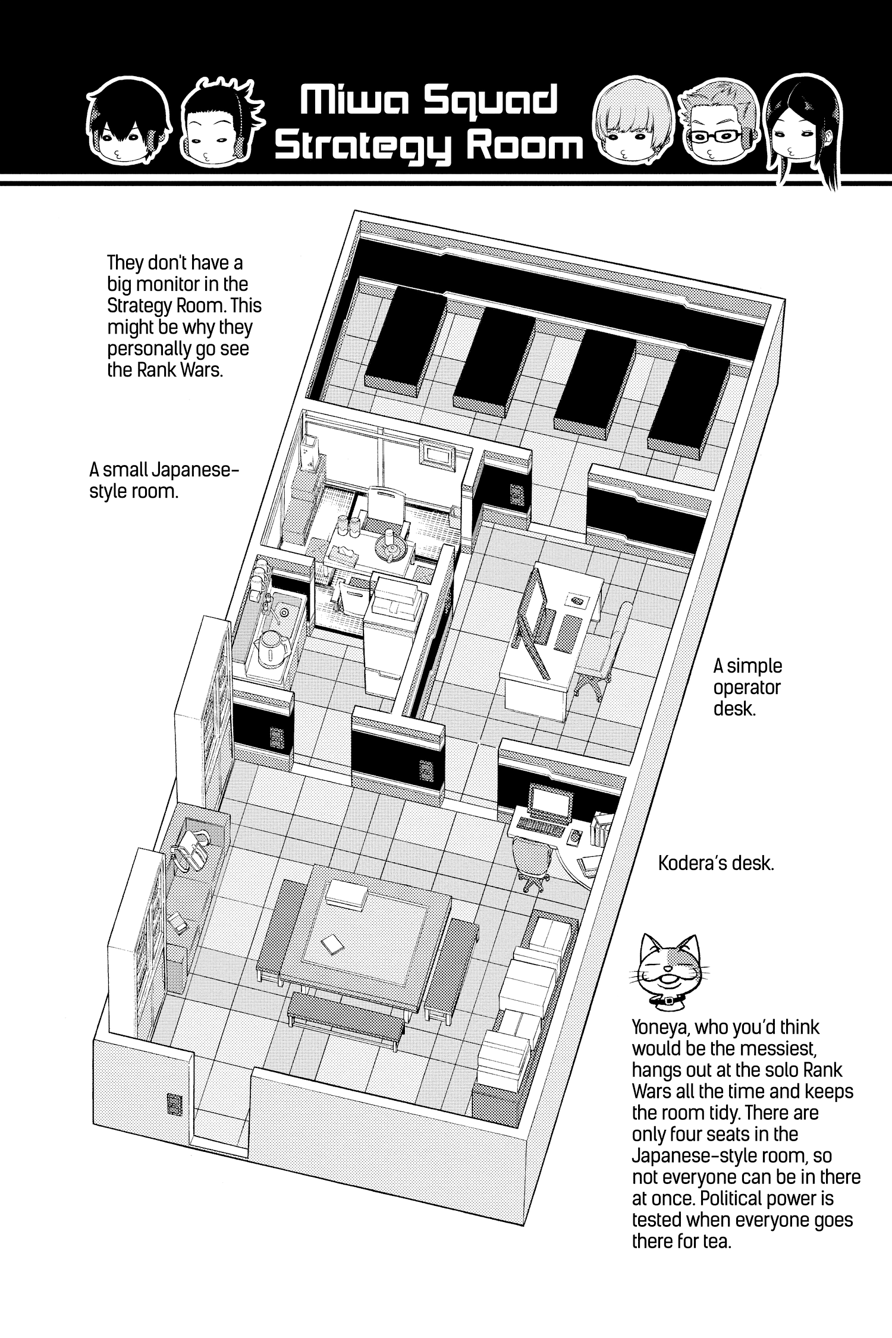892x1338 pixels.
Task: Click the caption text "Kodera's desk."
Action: (716, 863)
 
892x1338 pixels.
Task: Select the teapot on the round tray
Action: (391, 538)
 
